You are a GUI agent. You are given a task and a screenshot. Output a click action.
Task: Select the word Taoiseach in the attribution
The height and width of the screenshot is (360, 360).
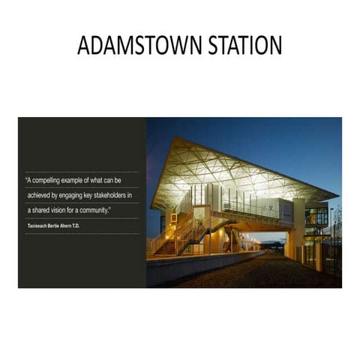(x=37, y=225)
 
